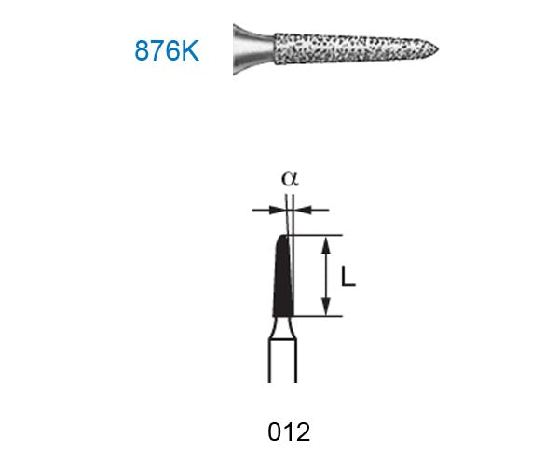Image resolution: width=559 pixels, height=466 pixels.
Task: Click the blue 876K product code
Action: click(166, 50)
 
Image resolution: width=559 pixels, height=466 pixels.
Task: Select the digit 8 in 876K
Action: click(143, 50)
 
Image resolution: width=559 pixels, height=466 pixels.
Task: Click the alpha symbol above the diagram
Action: click(289, 177)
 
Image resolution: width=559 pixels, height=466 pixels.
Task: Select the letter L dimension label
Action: click(348, 278)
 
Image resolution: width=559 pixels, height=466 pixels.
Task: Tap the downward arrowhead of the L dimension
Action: click(326, 309)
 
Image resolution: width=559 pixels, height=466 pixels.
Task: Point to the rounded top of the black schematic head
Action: click(284, 238)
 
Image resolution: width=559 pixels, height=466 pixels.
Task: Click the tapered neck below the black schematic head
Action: click(281, 327)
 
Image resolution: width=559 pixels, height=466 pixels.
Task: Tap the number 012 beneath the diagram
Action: click(288, 432)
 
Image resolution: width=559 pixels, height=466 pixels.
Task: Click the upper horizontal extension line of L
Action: click(317, 234)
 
